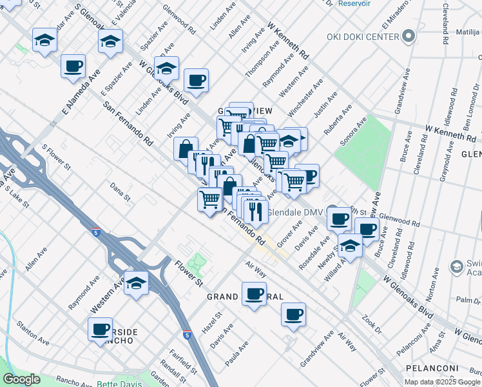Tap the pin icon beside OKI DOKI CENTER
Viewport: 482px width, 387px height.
(407, 37)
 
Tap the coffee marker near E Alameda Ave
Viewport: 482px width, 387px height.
(73, 66)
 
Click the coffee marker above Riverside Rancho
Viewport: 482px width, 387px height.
(101, 329)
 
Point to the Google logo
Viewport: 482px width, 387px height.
(21, 379)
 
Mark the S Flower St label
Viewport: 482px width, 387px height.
(55, 158)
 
